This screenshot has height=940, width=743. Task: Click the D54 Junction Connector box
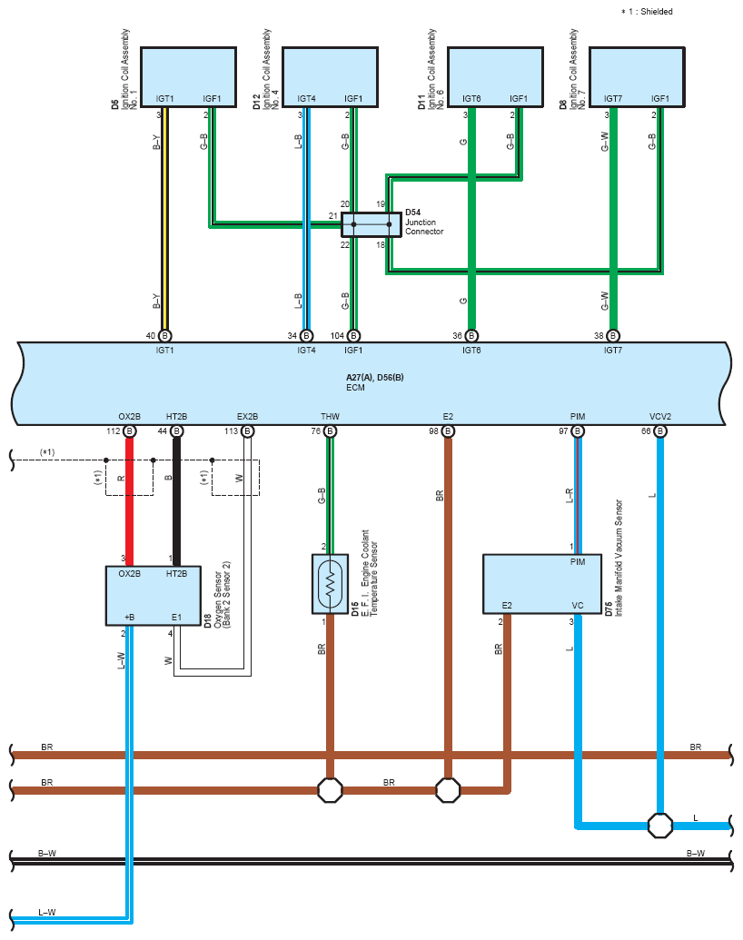coord(371,225)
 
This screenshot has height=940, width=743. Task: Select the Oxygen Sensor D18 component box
coord(154,596)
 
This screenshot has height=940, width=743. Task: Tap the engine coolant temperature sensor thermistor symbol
coord(330,584)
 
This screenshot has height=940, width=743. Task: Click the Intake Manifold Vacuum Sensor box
coord(542,584)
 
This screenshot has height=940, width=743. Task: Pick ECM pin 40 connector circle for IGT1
coord(165,336)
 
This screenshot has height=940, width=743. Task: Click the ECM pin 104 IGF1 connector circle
coord(354,336)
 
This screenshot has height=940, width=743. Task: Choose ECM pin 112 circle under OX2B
coord(130,431)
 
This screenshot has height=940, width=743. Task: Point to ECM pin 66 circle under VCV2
coord(660,431)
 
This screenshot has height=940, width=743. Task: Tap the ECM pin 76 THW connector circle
coord(330,431)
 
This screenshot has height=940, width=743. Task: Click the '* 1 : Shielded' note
coord(647,12)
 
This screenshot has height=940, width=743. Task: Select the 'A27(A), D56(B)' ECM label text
coord(375,378)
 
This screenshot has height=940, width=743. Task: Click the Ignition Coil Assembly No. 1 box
coord(188,77)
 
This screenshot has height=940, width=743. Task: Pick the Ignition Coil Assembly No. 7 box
coord(637,77)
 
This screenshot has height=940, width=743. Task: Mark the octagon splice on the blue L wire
coord(660,826)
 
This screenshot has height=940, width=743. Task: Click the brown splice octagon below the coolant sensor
coord(330,790)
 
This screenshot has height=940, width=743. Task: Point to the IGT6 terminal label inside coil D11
coord(471,98)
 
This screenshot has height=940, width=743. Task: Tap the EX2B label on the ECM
coord(248,417)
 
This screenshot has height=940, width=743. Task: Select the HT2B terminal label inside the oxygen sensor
coord(176,574)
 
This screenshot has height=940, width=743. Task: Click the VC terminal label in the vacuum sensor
coord(578,606)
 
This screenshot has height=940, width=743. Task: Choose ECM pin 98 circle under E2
coord(448,431)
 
